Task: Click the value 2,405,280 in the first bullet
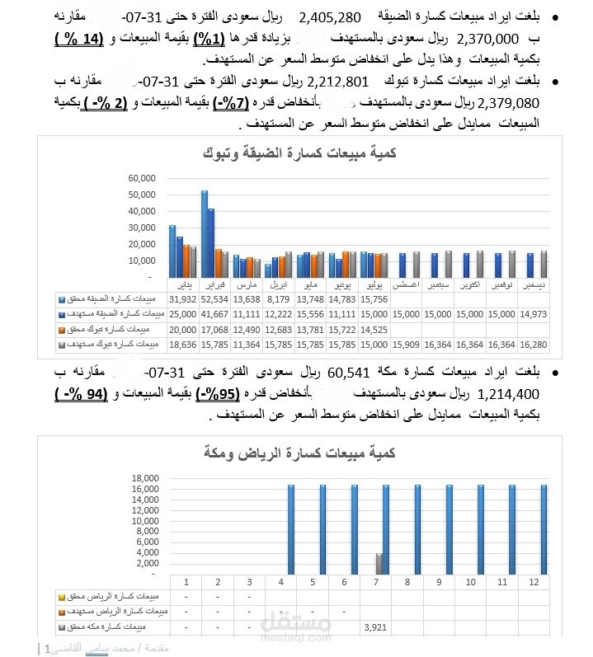point(330,17)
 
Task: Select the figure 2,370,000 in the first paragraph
point(488,38)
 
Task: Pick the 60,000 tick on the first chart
point(138,178)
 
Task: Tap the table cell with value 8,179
point(278,299)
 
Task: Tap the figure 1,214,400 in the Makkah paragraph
point(506,394)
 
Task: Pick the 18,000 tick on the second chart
point(143,478)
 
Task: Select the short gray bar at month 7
point(379,564)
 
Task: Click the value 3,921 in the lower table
point(375,626)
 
